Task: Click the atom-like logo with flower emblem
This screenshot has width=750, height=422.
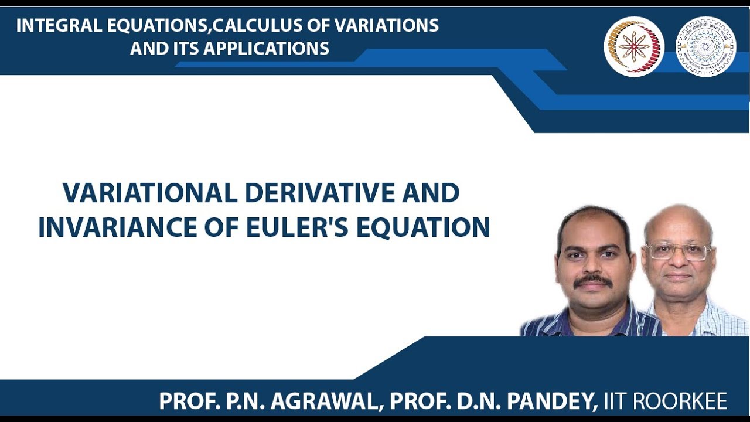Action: point(634,46)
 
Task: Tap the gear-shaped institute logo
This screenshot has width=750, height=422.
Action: point(705,46)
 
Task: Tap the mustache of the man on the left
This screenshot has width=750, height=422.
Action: point(593,281)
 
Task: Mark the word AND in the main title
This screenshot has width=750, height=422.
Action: point(434,193)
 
